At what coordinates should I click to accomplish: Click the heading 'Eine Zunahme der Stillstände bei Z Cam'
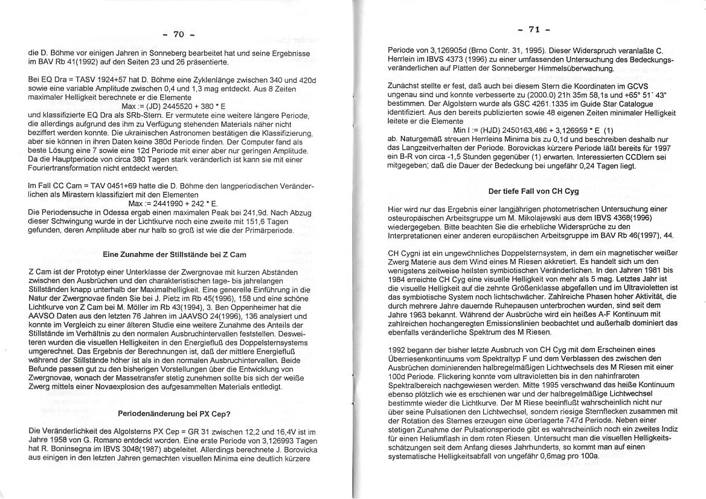[175, 255]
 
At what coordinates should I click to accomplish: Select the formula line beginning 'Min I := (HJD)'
[533, 130]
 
